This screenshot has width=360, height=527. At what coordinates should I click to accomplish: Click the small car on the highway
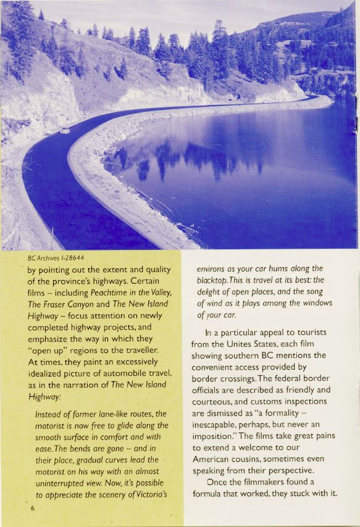[x=64, y=131]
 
